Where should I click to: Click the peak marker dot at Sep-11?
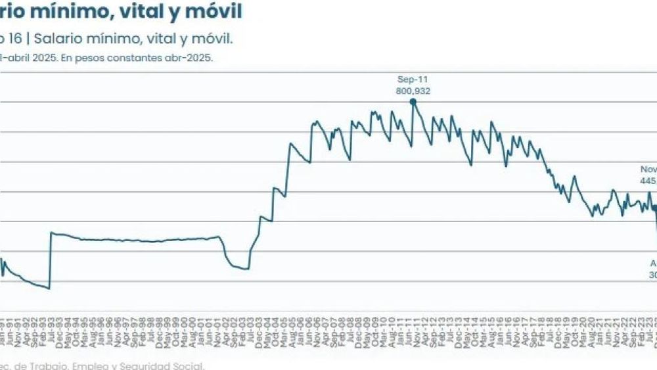coord(413,101)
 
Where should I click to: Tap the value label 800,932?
coord(413,91)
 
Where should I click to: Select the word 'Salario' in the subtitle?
coord(58,39)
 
